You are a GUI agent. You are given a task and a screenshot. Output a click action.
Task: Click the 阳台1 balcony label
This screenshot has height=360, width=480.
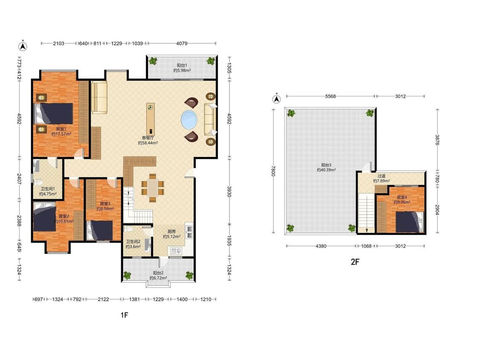coord(182,65)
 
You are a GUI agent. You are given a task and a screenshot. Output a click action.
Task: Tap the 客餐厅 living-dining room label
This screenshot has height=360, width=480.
coord(148,138)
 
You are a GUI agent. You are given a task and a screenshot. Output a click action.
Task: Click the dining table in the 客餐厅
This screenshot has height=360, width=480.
coord(152,188)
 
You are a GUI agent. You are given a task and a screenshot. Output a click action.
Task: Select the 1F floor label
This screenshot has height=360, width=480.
coord(124,315)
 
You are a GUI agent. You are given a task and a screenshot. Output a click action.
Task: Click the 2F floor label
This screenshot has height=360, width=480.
coord(355,262)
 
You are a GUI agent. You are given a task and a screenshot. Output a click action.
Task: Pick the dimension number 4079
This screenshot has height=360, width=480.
coord(181,44)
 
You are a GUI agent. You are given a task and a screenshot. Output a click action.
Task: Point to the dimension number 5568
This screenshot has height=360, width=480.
coord(330,96)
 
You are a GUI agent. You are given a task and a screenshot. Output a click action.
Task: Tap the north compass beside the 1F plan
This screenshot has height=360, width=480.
coord(23,46)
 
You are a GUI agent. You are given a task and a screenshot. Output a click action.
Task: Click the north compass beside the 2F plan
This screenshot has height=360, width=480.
coord(276,99)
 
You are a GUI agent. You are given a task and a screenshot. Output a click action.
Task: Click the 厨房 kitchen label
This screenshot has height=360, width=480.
coord(172,232)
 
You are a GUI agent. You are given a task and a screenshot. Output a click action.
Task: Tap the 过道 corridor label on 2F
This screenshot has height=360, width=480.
coord(381,176)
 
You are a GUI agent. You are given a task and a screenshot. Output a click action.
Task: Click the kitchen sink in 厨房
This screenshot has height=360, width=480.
coord(176,251)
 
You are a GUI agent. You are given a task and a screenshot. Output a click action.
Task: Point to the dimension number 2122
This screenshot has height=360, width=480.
coord(103,299)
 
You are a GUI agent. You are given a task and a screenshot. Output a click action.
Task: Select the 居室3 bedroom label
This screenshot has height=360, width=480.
coord(105,203)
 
